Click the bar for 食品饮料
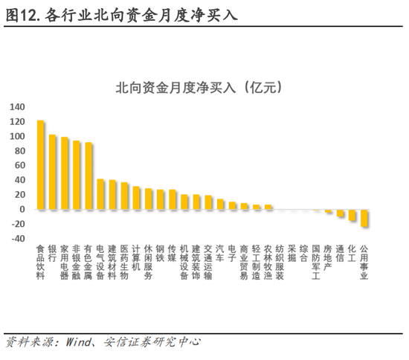[x=41, y=164]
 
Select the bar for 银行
[x=53, y=172]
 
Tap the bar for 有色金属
[x=89, y=176]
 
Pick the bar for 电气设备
[x=101, y=194]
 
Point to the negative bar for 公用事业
[x=364, y=218]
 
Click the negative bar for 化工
[x=352, y=215]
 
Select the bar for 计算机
[x=137, y=198]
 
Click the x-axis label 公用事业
[x=364, y=262]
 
